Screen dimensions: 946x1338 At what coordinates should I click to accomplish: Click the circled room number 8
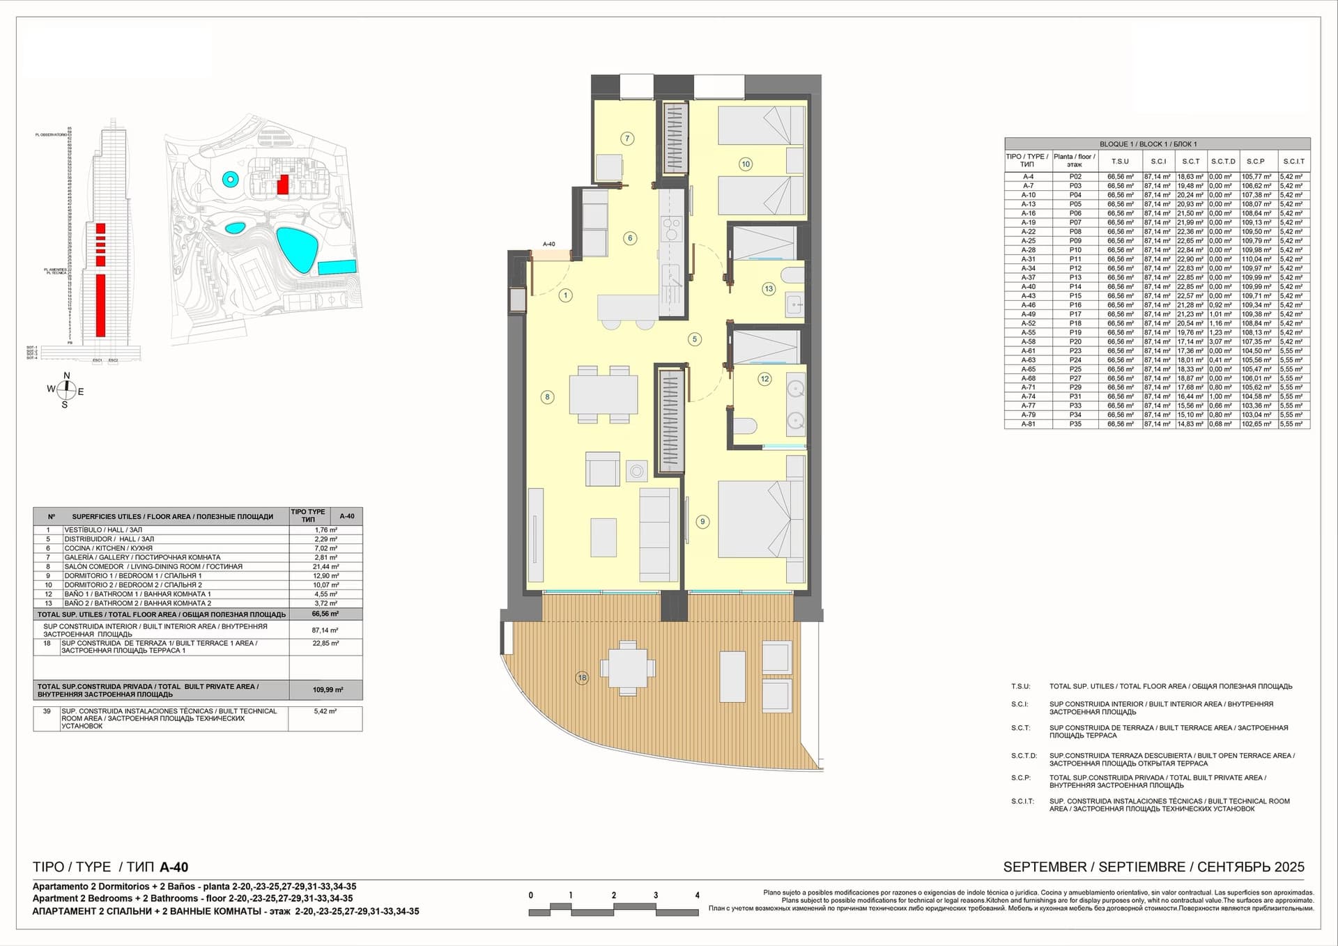[x=547, y=397]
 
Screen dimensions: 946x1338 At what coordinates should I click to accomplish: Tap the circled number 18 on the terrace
[x=582, y=677]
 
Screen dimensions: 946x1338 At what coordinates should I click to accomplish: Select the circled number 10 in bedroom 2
[x=746, y=164]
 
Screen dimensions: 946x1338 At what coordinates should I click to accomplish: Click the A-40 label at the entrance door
[x=549, y=244]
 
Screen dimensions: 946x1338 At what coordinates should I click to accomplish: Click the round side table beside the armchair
[x=636, y=472]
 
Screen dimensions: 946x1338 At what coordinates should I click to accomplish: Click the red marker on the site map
[x=282, y=185]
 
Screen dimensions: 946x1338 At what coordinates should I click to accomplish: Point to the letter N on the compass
[x=67, y=376]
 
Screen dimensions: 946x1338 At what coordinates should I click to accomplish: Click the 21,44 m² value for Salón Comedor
[x=325, y=567]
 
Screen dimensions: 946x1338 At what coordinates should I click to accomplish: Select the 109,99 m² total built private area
[x=328, y=690]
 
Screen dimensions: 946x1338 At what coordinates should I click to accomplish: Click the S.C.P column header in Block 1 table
[x=1255, y=161]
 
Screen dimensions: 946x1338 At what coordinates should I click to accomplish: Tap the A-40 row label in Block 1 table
[x=1028, y=286]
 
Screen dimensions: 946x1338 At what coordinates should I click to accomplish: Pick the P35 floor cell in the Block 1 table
[x=1075, y=424]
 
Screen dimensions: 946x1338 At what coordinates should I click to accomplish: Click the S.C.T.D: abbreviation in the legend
[x=1024, y=756]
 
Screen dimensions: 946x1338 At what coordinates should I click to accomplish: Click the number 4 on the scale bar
[x=697, y=895]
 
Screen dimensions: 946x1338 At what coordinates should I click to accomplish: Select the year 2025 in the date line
[x=1289, y=867]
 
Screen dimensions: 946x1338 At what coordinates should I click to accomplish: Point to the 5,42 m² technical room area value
[x=325, y=711]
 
